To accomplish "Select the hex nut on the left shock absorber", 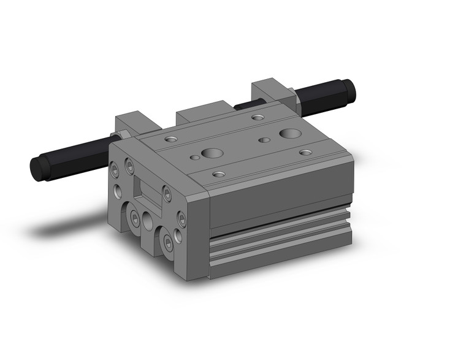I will pyautogui.click(x=116, y=136).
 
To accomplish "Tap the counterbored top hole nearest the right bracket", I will pyautogui.click(x=258, y=116).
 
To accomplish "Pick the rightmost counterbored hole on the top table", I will pyautogui.click(x=305, y=152).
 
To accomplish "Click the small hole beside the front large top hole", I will pyautogui.click(x=195, y=158).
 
